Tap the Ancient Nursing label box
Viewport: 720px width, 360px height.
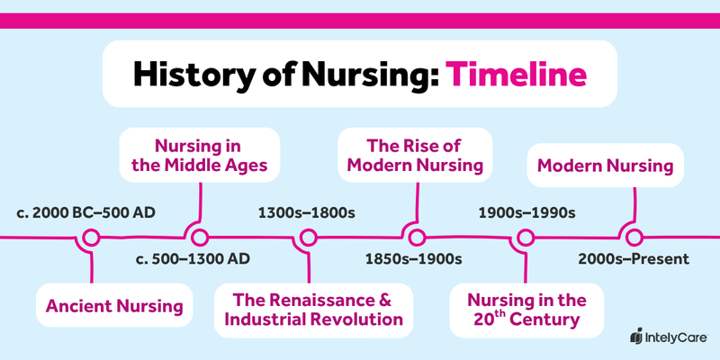click(114, 305)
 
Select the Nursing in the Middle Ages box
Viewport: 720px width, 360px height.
click(199, 154)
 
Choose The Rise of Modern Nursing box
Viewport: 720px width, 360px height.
click(415, 154)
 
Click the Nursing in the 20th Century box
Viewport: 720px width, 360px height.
click(528, 308)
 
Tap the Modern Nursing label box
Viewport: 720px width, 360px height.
click(605, 166)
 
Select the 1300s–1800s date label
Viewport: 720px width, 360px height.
click(307, 214)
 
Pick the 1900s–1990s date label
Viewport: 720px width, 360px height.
click(524, 214)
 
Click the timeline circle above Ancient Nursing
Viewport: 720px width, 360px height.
click(90, 238)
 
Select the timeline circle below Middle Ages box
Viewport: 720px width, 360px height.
click(199, 238)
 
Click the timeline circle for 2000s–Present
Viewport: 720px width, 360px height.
click(634, 238)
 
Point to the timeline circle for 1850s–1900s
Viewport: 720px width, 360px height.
click(416, 238)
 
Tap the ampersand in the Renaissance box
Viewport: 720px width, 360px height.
click(387, 299)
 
